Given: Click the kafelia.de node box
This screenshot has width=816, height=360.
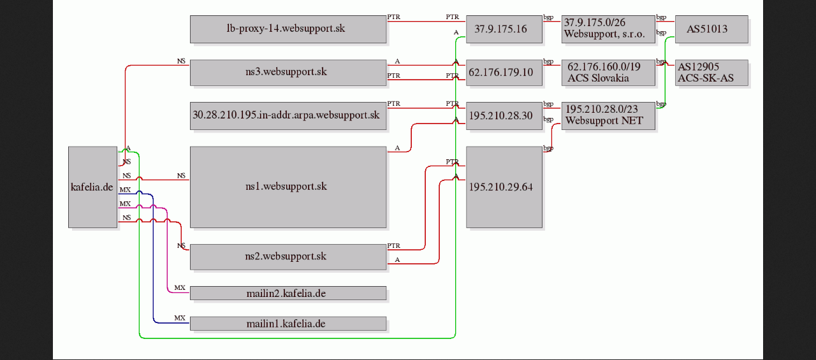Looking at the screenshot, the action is coord(93,187).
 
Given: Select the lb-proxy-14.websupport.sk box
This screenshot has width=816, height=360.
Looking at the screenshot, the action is coord(288,29).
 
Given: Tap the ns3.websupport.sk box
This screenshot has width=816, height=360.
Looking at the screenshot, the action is coord(288,73).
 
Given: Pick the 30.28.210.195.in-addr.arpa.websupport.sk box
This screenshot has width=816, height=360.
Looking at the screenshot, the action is coord(288,116).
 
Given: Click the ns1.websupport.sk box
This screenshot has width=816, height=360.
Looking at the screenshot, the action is coord(288,187).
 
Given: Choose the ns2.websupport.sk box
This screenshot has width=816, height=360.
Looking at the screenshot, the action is coord(288,257).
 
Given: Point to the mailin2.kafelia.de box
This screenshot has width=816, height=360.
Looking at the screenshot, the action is coord(288,293).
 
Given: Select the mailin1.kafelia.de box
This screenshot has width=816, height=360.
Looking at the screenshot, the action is coord(288,323).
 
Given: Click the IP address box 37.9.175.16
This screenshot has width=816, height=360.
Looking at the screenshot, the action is coord(504,29).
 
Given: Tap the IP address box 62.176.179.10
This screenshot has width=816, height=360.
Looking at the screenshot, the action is coord(504,73).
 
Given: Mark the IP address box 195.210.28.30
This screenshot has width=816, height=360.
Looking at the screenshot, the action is coord(504,116).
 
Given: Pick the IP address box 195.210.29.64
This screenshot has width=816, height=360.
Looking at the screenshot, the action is coord(504,187).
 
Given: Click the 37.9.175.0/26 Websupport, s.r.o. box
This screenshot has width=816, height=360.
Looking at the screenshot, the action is coord(608,29).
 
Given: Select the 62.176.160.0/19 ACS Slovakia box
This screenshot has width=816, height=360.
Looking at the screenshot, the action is coord(608,73).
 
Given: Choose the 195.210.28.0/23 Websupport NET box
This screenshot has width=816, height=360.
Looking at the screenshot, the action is coord(608,116).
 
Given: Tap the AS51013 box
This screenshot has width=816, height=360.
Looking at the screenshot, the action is coord(712,29).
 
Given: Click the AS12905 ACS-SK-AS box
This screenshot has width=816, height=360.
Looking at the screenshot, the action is coord(712,73).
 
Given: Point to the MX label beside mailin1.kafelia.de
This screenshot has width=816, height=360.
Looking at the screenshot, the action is coord(180,318).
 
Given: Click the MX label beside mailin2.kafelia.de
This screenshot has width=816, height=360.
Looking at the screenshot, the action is coord(180,287).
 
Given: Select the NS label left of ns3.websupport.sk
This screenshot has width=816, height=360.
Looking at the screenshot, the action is coord(181,61).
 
